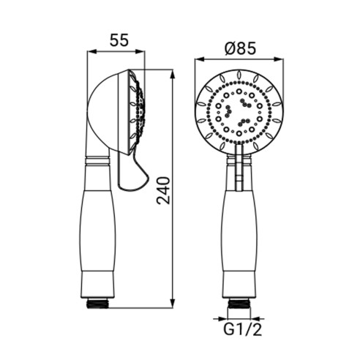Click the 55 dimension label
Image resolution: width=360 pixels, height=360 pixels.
119,40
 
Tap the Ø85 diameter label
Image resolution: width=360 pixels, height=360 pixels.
240,48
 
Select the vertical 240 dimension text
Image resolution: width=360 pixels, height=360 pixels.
163,191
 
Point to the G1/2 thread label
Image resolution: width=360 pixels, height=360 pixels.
243,329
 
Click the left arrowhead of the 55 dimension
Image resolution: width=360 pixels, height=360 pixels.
92,51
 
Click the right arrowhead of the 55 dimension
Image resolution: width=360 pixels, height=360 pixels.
140,51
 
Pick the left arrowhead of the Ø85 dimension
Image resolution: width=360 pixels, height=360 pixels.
199,59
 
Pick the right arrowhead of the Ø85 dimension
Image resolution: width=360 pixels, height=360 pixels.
279,59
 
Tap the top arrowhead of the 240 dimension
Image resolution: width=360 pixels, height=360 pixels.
173,75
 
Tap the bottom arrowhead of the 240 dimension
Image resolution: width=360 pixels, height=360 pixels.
173,303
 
